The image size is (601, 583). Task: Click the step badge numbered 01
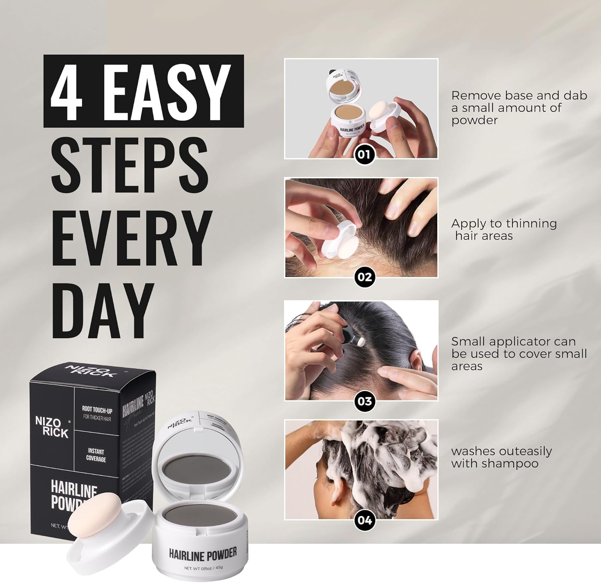[x=364, y=155]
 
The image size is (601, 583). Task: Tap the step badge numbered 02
[x=364, y=277]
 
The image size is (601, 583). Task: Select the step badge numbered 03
[x=364, y=401]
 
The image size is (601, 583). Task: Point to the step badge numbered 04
[x=364, y=520]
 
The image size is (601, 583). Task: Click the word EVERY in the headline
[x=132, y=239]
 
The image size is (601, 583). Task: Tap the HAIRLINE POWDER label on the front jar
[x=203, y=554]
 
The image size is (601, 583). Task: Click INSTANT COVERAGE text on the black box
[x=96, y=455]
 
